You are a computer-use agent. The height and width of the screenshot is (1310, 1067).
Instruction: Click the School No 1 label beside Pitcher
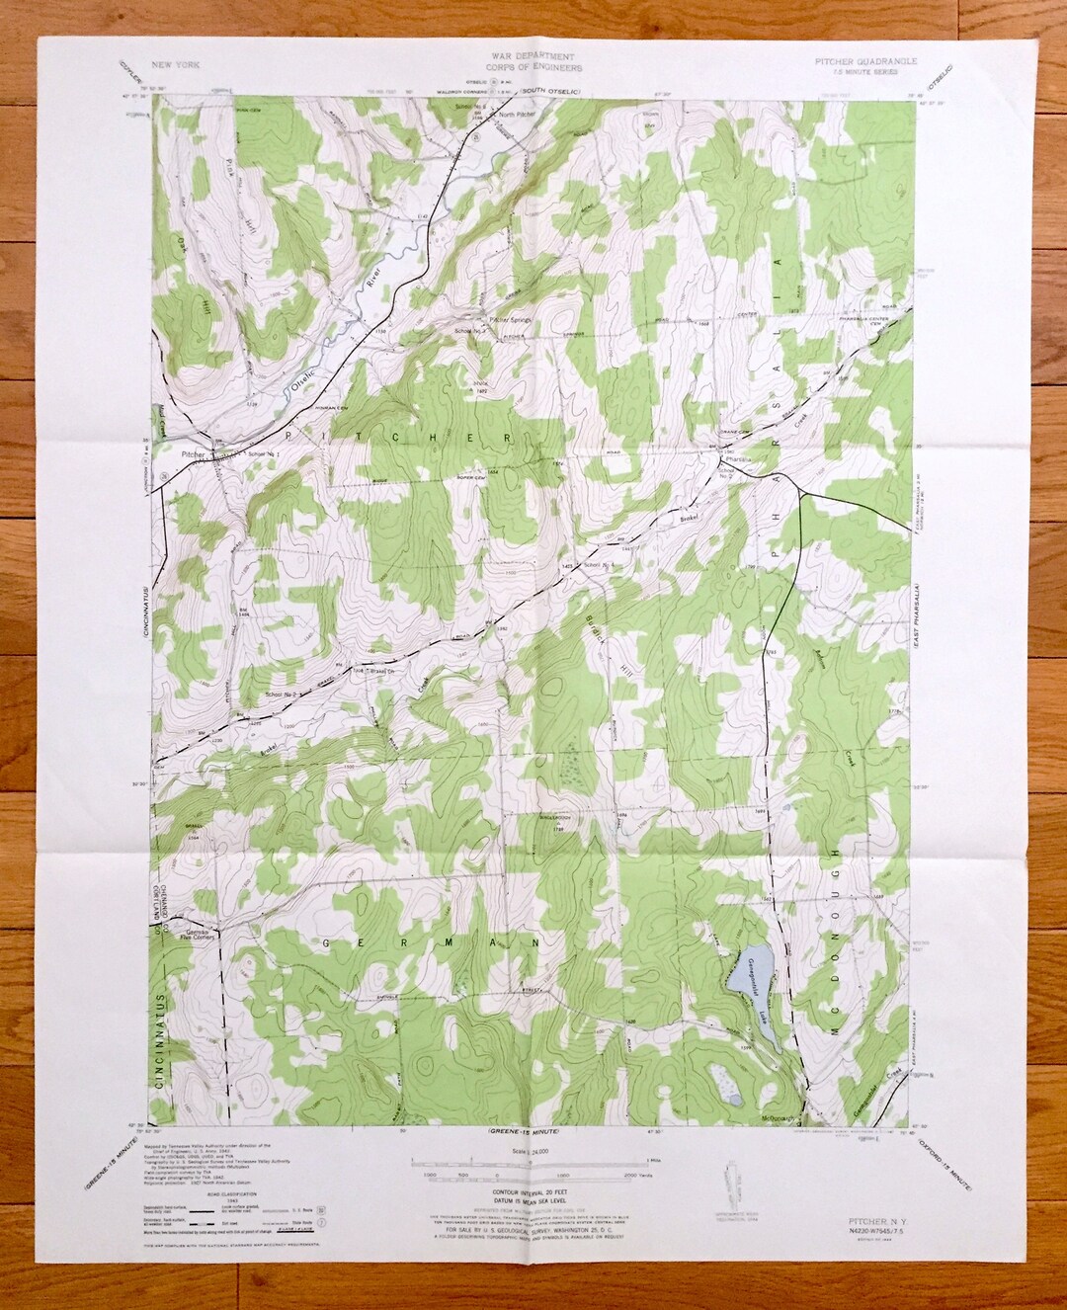264,452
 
